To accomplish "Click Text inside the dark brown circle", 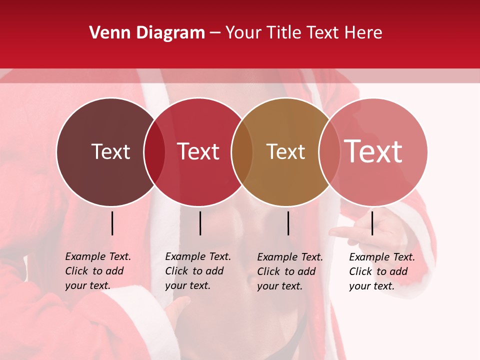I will coord(110,151).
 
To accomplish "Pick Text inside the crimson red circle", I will coord(198,151).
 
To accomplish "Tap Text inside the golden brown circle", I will coord(285,151).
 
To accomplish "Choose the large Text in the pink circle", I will coord(373,151).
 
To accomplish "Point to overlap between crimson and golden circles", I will coord(242,152).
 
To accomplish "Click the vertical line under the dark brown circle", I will coord(112,223).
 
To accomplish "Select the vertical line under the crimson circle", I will coord(200,223).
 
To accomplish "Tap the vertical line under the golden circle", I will coord(288,223).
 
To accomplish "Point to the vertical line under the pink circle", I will coord(372,223).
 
